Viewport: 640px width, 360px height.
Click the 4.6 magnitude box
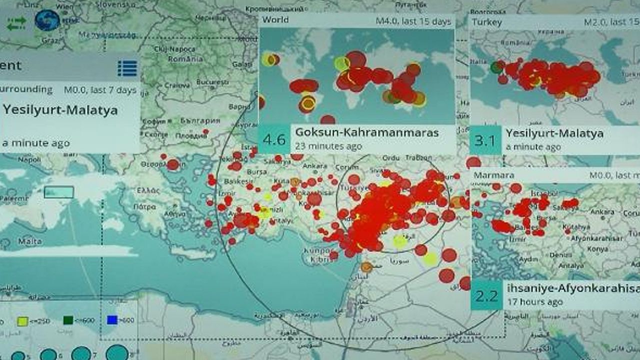pyautogui.click(x=273, y=139)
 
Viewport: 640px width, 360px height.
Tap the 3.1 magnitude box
pyautogui.click(x=485, y=139)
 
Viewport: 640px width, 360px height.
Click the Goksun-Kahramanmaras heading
pyautogui.click(x=367, y=132)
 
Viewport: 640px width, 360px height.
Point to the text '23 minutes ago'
pyautogui.click(x=328, y=146)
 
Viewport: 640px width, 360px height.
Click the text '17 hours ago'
pyautogui.click(x=535, y=302)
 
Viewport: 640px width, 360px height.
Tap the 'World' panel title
pyautogui.click(x=275, y=20)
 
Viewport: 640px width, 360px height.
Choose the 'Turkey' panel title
pyautogui.click(x=486, y=22)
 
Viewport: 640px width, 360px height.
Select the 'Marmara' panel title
pyautogui.click(x=493, y=175)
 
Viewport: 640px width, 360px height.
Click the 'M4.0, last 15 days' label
pyautogui.click(x=413, y=21)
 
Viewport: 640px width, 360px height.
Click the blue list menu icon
pyautogui.click(x=127, y=68)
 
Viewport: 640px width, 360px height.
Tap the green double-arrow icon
pyautogui.click(x=16, y=22)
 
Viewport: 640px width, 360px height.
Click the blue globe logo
pyautogui.click(x=47, y=20)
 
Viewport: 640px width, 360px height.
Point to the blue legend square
pyautogui.click(x=112, y=320)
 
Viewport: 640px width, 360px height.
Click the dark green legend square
pyautogui.click(x=68, y=320)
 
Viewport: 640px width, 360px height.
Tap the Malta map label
pyautogui.click(x=30, y=241)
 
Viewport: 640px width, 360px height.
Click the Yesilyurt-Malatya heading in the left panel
pyautogui.click(x=60, y=110)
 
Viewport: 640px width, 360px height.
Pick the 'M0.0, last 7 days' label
pyautogui.click(x=100, y=90)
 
